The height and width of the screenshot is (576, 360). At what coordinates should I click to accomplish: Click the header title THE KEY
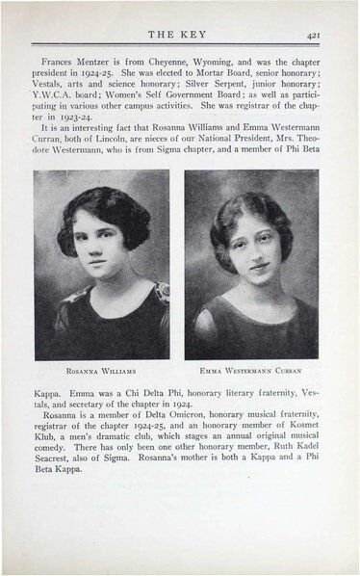point(180,31)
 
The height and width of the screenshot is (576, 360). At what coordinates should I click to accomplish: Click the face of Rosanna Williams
point(99,242)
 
